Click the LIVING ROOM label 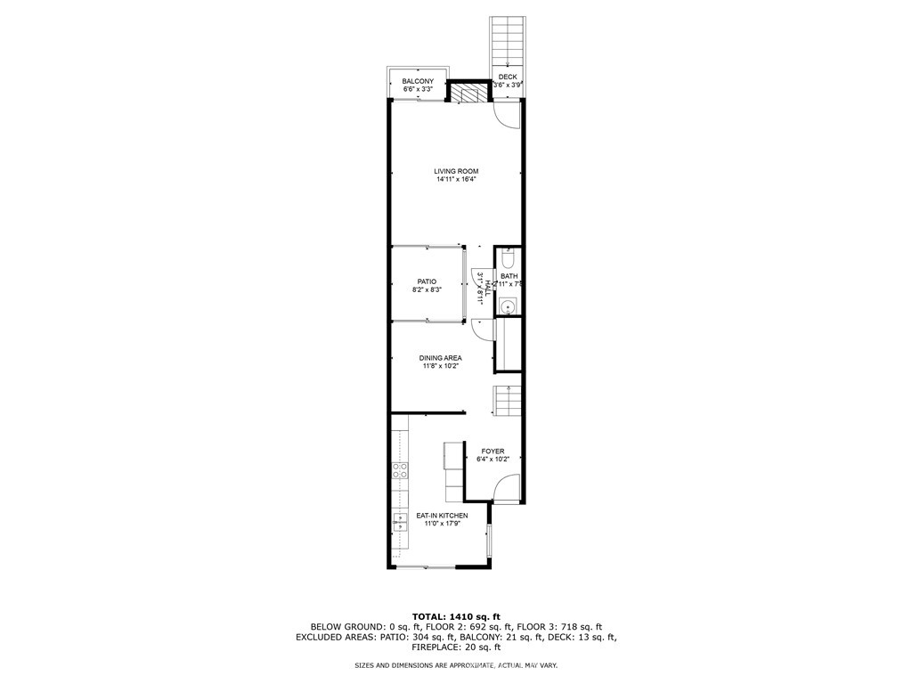(x=456, y=171)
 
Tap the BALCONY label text (x=418, y=81)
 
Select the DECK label (x=507, y=77)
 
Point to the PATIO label (x=427, y=281)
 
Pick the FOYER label (x=493, y=452)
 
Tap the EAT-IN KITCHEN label (x=442, y=516)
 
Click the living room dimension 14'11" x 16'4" (x=457, y=180)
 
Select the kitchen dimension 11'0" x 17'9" (x=442, y=524)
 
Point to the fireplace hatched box (x=465, y=93)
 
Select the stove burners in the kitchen (x=399, y=470)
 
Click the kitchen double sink (x=400, y=522)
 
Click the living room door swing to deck (x=506, y=114)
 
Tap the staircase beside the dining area (x=507, y=401)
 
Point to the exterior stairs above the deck (x=507, y=43)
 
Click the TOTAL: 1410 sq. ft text (x=456, y=616)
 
